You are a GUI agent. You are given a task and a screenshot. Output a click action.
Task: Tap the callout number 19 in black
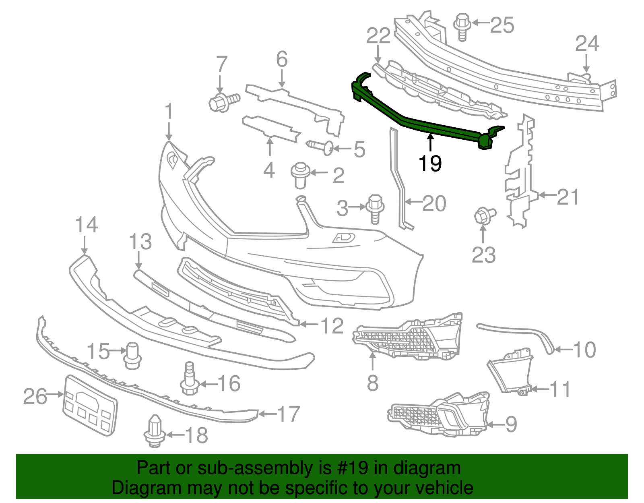click(430, 163)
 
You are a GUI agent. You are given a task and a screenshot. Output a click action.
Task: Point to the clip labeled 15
click(132, 355)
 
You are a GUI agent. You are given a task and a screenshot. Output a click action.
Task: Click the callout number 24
click(587, 43)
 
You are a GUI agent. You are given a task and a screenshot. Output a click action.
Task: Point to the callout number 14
click(86, 224)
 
